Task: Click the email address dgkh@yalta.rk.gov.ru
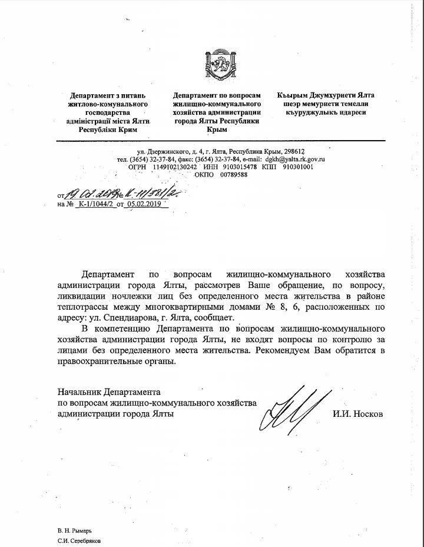point(296,159)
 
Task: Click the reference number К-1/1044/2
point(94,204)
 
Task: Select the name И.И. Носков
point(357,414)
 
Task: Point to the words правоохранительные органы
point(117,361)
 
